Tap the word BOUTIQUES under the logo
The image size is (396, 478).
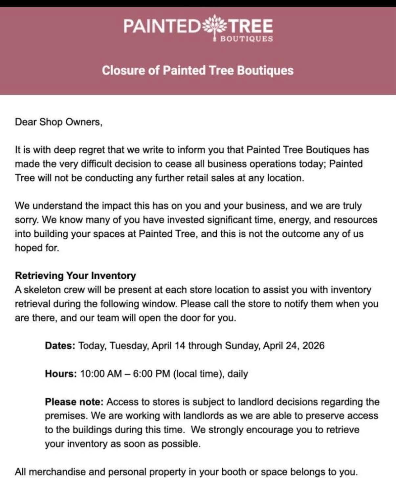coord(246,39)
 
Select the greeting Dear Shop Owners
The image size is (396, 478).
coord(59,122)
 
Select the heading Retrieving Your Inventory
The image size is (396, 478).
coord(75,275)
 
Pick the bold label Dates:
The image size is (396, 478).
coord(60,346)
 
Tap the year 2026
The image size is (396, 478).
coord(313,346)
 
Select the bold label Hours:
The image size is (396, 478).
coord(61,374)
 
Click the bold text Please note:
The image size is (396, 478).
coord(74,402)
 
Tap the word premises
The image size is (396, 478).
coord(66,416)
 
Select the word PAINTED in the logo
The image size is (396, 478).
coord(162,26)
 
